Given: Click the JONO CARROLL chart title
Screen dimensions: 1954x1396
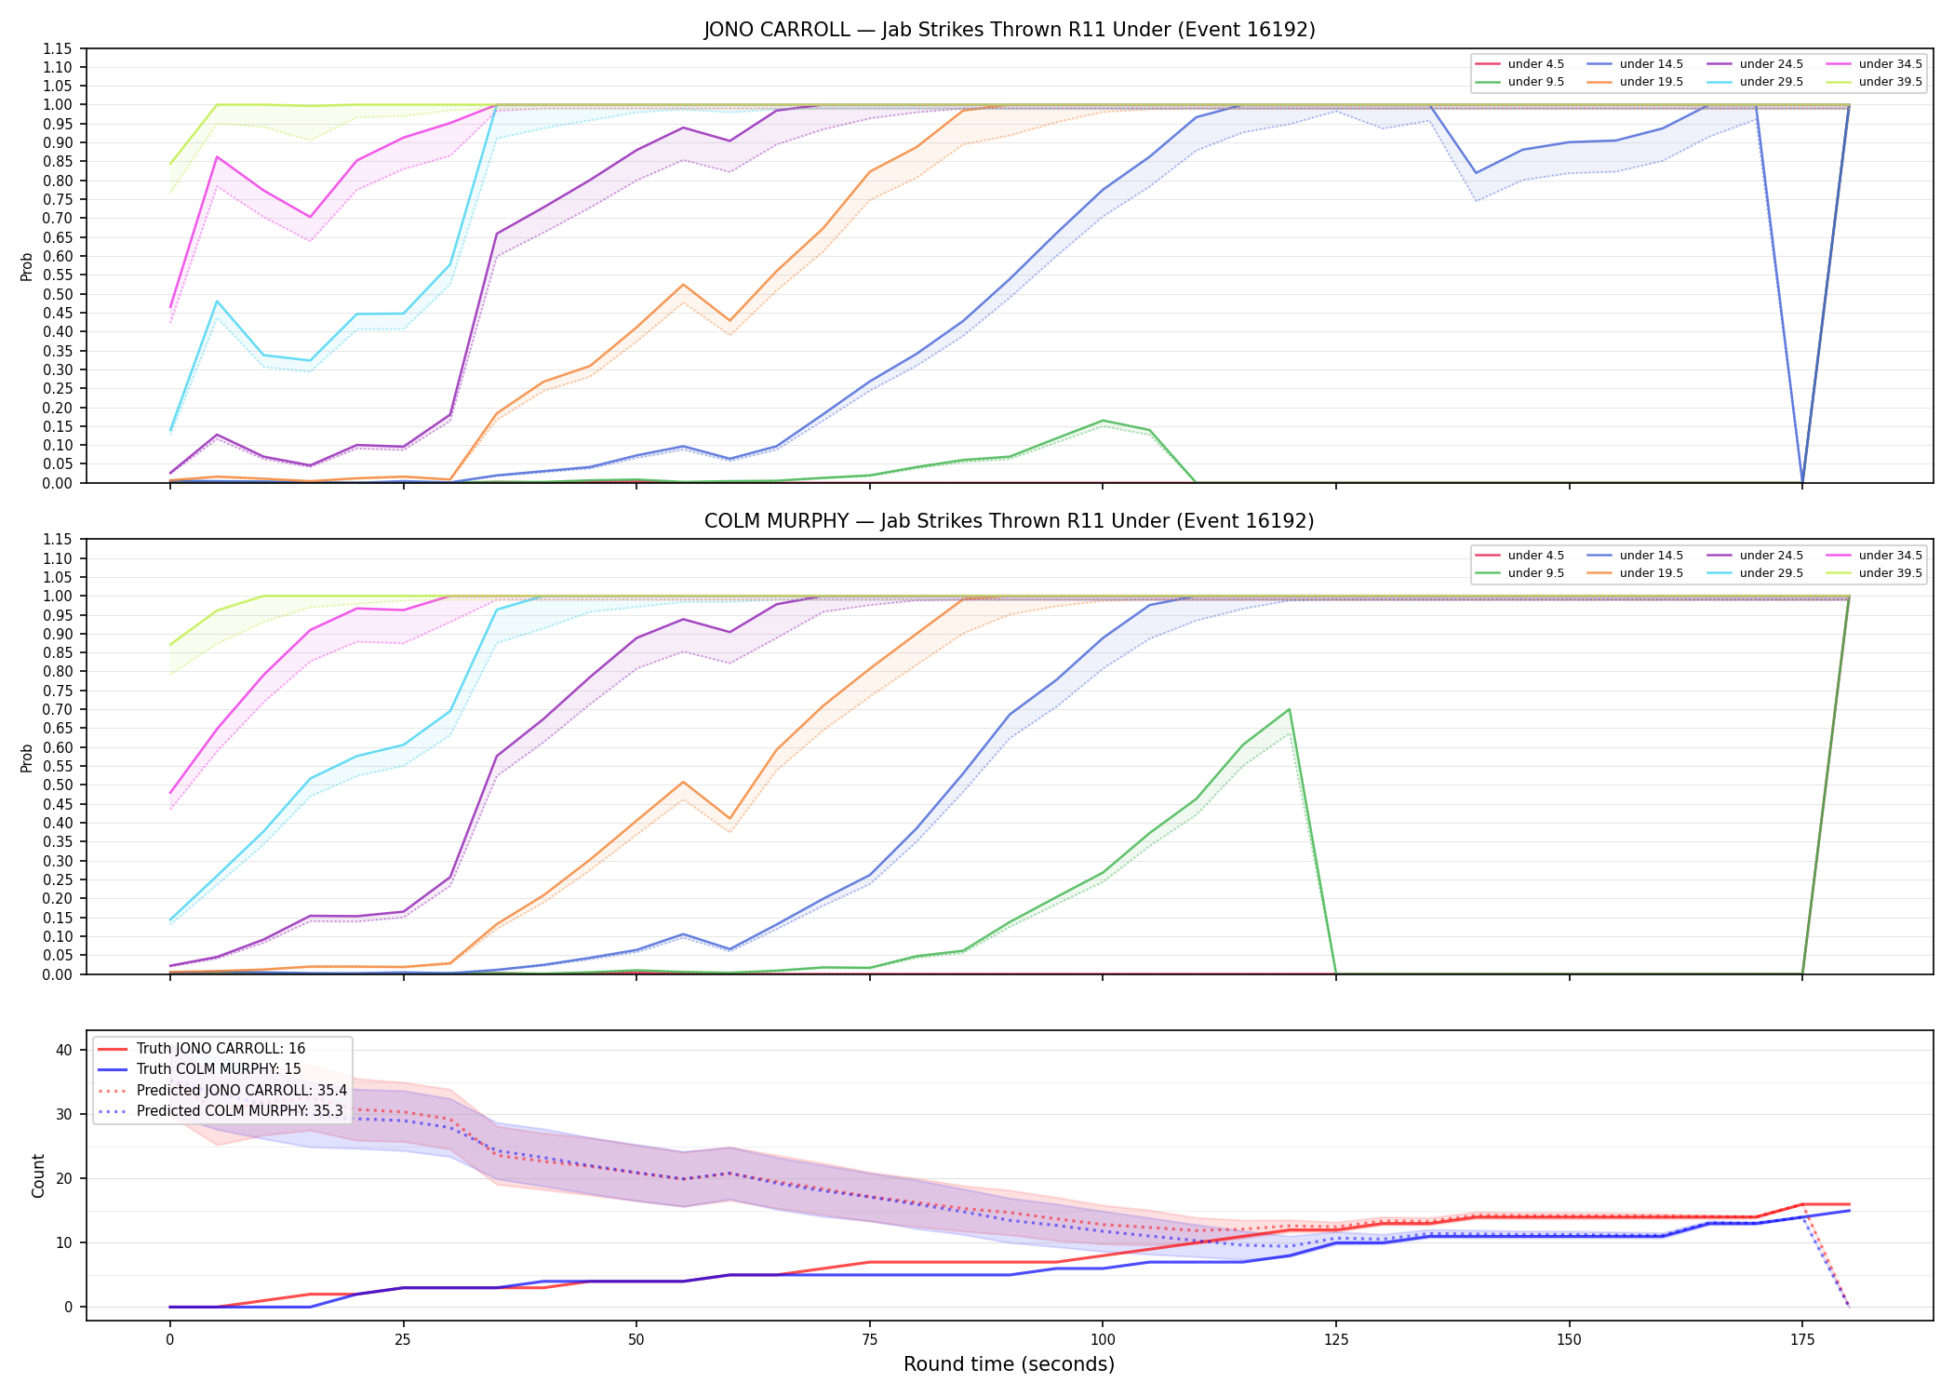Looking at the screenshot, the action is tap(1010, 30).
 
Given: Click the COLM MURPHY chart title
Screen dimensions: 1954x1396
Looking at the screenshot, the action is tap(1010, 521).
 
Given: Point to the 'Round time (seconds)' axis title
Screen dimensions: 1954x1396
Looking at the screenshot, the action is tap(1010, 1364).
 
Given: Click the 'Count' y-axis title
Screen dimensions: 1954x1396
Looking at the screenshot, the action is tap(38, 1175).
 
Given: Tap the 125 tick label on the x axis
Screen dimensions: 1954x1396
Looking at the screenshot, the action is tap(1336, 1340).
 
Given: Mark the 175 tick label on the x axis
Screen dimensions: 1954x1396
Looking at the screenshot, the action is tap(1802, 1340).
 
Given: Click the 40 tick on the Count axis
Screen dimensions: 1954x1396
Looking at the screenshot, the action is tap(64, 1050).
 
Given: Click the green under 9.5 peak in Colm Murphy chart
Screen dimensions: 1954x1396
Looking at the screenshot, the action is tap(1289, 709).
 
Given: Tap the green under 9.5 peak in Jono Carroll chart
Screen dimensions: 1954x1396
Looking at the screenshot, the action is tap(1103, 421).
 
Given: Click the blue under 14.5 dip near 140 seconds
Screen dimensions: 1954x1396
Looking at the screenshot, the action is tap(1476, 173).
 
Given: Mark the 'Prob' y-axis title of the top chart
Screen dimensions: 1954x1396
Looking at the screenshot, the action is tap(27, 266).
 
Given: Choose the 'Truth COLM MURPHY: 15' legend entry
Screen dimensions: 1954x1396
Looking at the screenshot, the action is tap(219, 1069).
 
